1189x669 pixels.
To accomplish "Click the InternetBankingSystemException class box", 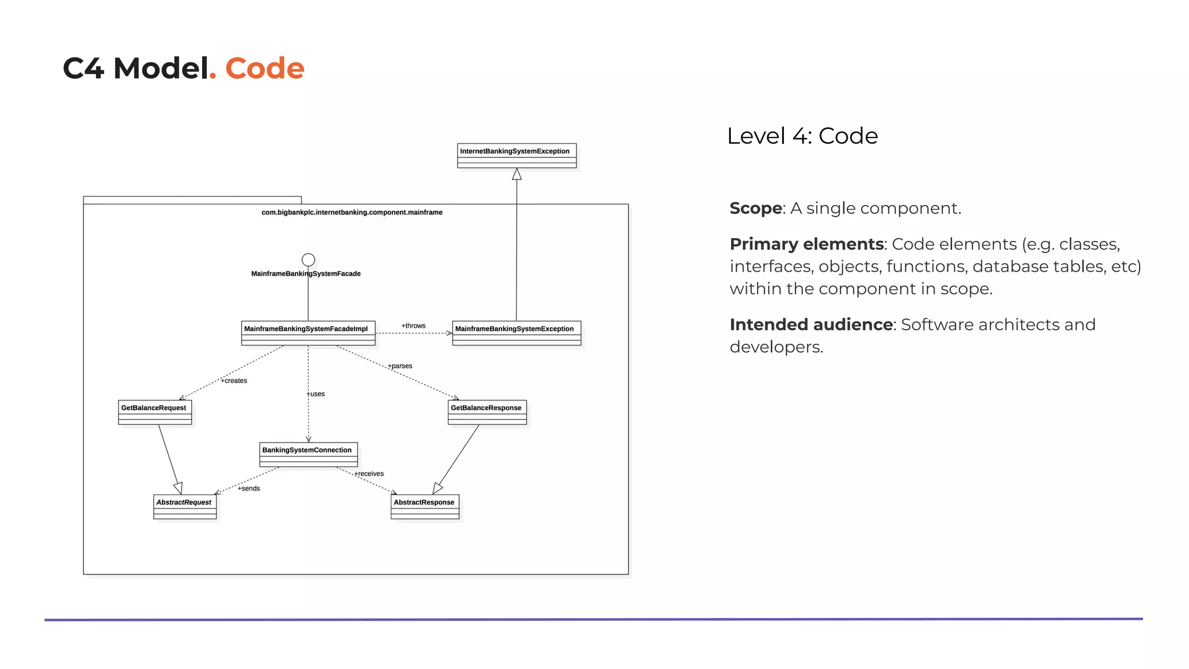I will point(517,156).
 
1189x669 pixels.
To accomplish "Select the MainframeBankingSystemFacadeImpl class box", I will point(308,333).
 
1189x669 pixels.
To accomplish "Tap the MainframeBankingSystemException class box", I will point(516,333).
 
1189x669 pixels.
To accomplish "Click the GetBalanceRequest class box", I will point(154,412).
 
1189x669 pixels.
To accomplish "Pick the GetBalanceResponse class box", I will point(487,412).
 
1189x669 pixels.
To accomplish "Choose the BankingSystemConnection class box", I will point(308,454).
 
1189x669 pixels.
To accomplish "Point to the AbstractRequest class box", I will point(185,506).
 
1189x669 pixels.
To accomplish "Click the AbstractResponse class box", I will point(425,506).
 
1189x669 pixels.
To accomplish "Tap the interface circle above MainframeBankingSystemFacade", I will point(308,260).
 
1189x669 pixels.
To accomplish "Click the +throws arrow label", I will point(413,326).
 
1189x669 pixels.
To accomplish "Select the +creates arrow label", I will point(234,381).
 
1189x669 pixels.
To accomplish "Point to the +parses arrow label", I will point(400,366).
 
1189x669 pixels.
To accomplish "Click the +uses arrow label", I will point(316,394).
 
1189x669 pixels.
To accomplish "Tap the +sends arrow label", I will point(248,488).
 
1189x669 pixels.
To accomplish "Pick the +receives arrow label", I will point(369,474).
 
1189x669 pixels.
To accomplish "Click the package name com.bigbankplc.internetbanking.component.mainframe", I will point(352,213).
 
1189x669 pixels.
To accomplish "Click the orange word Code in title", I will point(264,69).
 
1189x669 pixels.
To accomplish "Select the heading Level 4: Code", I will point(802,136).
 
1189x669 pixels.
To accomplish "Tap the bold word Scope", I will point(755,208).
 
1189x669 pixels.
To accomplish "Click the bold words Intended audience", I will point(810,325).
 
